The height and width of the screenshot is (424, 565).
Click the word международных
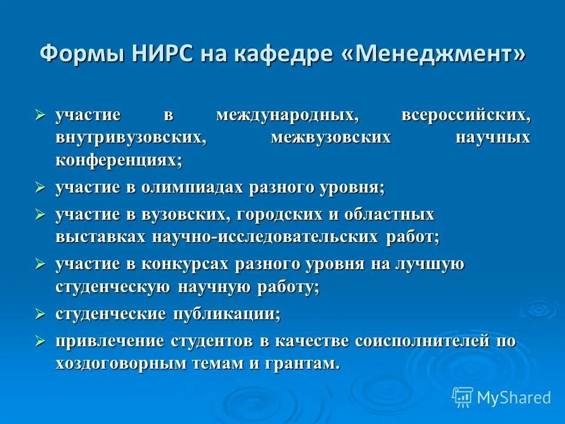(x=287, y=115)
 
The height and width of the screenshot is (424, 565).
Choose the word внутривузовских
(x=131, y=138)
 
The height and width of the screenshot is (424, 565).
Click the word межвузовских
(x=331, y=138)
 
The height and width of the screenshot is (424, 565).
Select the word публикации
(x=226, y=314)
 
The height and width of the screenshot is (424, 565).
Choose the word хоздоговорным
(x=121, y=363)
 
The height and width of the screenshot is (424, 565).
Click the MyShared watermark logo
(x=501, y=397)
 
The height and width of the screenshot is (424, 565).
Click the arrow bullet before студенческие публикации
(x=40, y=314)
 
